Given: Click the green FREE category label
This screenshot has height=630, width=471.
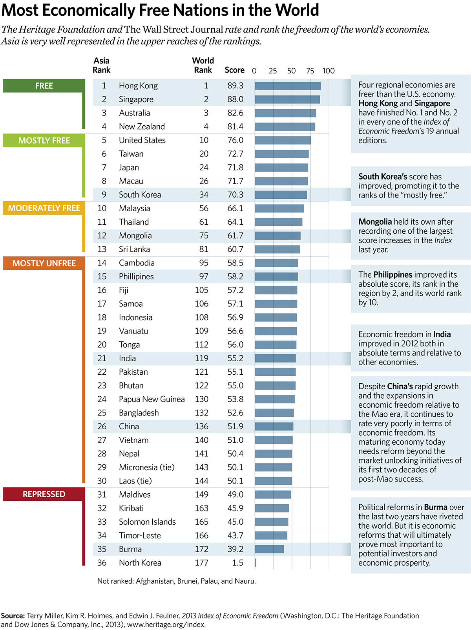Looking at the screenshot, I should [44, 86].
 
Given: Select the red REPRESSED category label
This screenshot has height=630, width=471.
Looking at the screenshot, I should [44, 494].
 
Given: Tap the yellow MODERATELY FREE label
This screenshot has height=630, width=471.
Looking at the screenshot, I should [44, 208].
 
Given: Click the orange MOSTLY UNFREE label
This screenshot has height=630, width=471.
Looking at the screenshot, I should [44, 263].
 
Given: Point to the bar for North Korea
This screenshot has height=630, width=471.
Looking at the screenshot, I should [256, 563].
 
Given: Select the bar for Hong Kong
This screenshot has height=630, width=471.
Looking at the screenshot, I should [288, 86].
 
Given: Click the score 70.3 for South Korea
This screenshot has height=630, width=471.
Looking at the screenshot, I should [235, 195].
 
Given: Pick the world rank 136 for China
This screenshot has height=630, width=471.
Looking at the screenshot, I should [202, 427].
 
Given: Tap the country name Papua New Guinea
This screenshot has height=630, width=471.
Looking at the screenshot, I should [152, 399].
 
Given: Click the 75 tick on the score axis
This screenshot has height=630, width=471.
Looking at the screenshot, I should [310, 71].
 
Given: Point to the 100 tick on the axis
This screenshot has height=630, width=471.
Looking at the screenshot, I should [329, 71].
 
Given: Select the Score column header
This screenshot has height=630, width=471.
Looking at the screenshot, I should [234, 70].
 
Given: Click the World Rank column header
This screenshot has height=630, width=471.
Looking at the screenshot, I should [203, 65].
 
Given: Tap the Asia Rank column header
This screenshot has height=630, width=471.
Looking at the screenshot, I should [101, 65].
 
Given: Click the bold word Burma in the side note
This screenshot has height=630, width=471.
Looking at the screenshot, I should [436, 507].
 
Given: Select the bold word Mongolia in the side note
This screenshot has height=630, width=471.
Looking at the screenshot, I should [375, 222].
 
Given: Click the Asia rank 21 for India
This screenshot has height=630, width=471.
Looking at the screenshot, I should [102, 358].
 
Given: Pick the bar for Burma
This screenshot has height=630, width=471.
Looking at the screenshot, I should [269, 549].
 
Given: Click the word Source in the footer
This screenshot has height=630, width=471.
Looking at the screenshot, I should [13, 616].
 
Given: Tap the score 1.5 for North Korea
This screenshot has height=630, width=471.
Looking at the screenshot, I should [237, 563].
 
